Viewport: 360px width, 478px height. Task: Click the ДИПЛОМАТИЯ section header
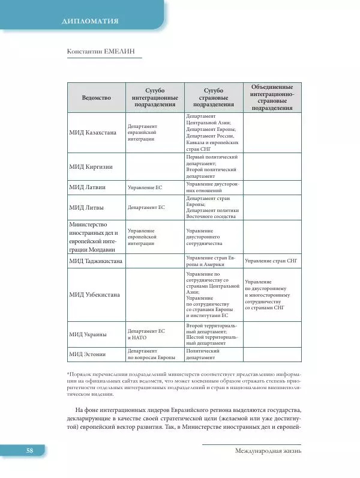pyautogui.click(x=89, y=22)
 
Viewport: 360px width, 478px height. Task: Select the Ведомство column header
pyautogui.click(x=96, y=97)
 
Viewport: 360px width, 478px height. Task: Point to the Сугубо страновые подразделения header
pyautogui.click(x=214, y=97)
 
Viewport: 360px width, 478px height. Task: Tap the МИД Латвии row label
pyautogui.click(x=88, y=187)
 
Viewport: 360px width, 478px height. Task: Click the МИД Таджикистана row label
pyautogui.click(x=96, y=261)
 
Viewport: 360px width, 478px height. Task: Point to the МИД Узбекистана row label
pyautogui.click(x=94, y=294)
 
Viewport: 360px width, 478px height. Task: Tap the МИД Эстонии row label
pyautogui.click(x=89, y=355)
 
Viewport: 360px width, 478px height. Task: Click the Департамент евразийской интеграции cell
pyautogui.click(x=143, y=133)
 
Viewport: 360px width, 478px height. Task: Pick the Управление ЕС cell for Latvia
pyautogui.click(x=145, y=187)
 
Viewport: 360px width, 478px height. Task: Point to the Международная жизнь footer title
pyautogui.click(x=268, y=450)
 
